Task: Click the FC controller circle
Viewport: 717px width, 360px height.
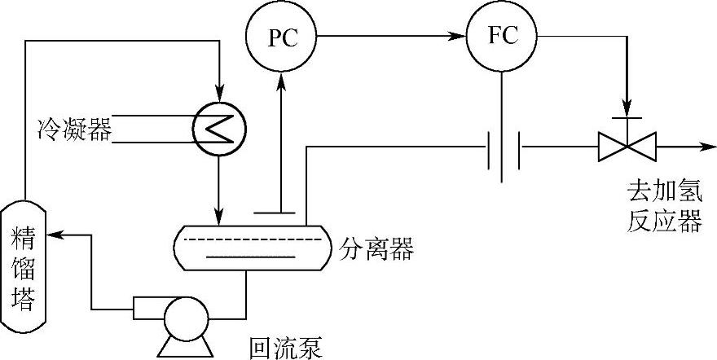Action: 502,37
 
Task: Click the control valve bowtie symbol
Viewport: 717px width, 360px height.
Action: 624,147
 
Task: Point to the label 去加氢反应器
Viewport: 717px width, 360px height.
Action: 664,207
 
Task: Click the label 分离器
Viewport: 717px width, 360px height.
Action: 376,248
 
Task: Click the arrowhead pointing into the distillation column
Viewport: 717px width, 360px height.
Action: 55,235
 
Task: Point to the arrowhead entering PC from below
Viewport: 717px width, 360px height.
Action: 280,78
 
